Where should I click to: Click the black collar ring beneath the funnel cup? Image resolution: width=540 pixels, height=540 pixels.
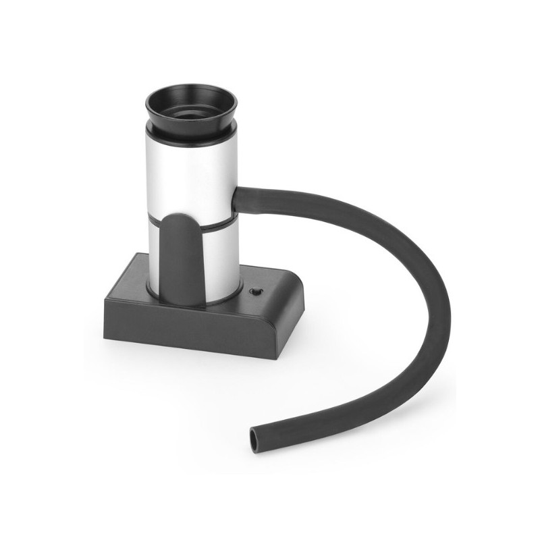pos(192,132)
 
